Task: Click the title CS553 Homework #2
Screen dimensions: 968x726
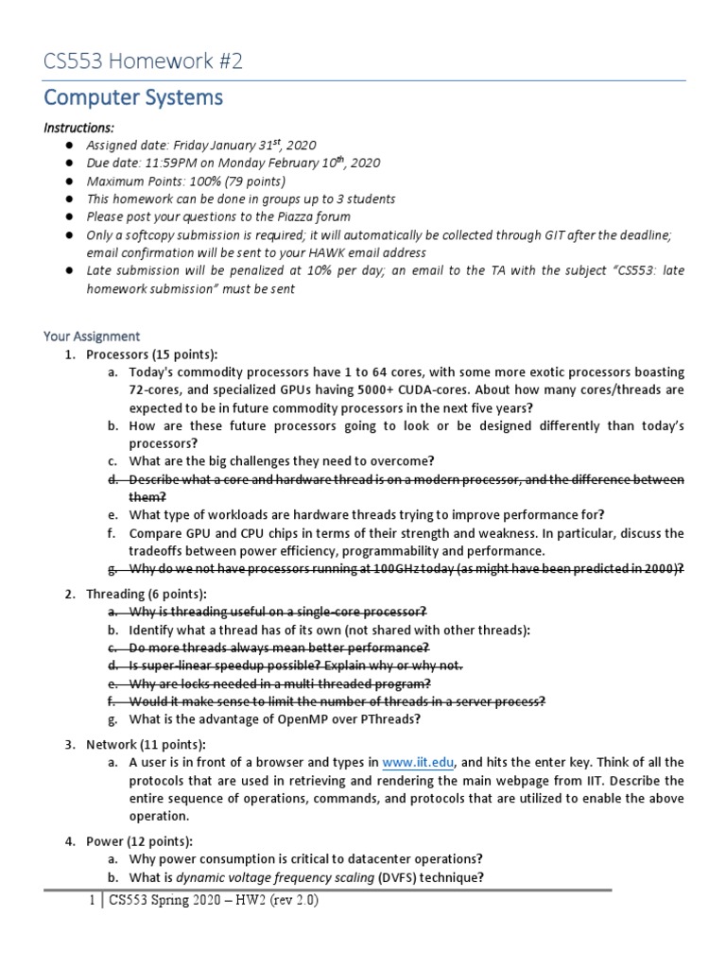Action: [143, 61]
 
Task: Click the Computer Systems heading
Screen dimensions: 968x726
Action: [133, 97]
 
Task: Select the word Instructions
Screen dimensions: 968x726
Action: [79, 128]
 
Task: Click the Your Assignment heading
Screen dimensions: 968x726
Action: [92, 336]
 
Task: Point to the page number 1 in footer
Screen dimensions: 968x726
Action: [91, 901]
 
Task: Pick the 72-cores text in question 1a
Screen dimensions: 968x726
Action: [155, 390]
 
